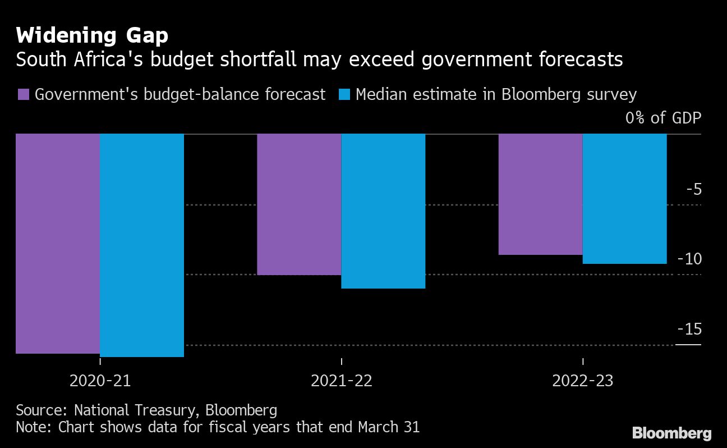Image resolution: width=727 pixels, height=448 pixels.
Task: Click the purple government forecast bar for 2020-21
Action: (57, 244)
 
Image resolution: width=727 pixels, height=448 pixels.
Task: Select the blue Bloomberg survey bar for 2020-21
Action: (142, 245)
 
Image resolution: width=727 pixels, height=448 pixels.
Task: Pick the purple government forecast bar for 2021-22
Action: (299, 204)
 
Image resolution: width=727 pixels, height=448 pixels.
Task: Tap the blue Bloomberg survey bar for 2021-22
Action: (383, 211)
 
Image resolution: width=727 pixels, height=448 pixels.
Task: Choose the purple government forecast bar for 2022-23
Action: (540, 194)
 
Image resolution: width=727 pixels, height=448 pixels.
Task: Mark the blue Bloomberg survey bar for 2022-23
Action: (624, 199)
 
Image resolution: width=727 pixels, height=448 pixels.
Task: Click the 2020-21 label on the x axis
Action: (100, 381)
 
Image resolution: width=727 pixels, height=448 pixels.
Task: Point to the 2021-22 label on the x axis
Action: (342, 381)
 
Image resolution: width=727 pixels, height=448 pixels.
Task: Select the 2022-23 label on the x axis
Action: (583, 381)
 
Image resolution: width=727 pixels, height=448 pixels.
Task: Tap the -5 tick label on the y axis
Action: (693, 189)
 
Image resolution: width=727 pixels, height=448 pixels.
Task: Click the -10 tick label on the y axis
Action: (689, 259)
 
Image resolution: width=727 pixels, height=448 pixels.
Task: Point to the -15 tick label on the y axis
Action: (689, 329)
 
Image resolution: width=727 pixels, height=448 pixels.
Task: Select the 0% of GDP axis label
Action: (664, 118)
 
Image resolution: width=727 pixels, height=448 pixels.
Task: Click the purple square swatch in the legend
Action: (24, 94)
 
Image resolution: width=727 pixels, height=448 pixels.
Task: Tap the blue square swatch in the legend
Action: (344, 94)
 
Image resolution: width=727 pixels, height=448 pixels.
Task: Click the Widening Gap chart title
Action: (92, 36)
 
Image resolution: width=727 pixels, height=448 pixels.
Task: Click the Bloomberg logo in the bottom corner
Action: (671, 433)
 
